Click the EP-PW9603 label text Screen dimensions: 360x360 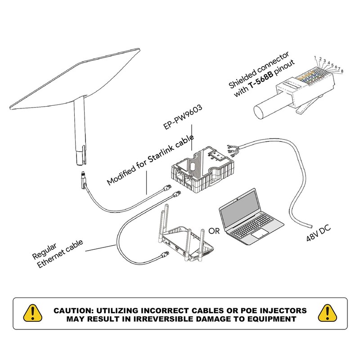183,117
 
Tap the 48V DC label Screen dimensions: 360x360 318,233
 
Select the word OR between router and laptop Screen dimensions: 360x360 214,231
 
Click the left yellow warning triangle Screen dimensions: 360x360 32,313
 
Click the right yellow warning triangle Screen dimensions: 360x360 328,313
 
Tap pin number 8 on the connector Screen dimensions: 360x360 342,71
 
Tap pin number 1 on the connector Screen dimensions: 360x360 315,58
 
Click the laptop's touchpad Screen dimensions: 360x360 260,234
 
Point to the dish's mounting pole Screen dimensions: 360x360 80,131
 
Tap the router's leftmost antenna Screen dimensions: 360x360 163,223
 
